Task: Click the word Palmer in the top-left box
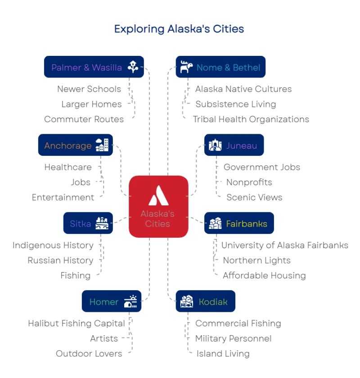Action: click(66, 68)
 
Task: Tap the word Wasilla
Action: click(107, 68)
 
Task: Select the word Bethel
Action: click(246, 68)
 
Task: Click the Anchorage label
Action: click(67, 146)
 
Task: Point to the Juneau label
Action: click(242, 146)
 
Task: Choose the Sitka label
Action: click(80, 223)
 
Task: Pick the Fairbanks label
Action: click(247, 223)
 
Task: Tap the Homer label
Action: click(103, 302)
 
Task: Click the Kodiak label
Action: click(213, 302)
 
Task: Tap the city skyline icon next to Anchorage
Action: click(102, 145)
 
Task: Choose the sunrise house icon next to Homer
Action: click(131, 301)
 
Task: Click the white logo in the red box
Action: click(157, 195)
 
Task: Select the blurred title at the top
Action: click(179, 30)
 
